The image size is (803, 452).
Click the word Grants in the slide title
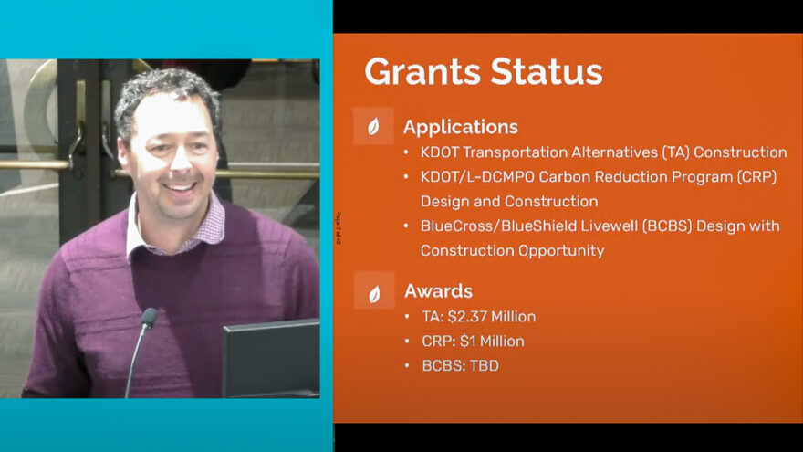pos(422,71)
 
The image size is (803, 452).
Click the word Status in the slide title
pos(547,71)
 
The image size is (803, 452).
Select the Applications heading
pos(461,127)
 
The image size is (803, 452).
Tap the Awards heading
pos(438,291)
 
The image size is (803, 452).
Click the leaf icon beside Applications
pos(373,126)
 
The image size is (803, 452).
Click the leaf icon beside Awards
pos(374,294)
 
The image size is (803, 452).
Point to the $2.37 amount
pos(467,317)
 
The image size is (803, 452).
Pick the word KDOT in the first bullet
pos(440,152)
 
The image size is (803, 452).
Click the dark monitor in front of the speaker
pos(271,358)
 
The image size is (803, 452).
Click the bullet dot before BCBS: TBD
pos(407,366)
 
